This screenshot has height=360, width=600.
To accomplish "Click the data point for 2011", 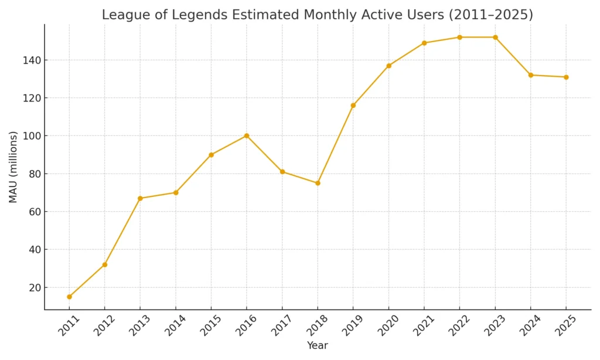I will coord(69,297).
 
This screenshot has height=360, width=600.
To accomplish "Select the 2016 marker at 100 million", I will coord(247,135).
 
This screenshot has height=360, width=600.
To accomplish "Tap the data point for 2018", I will coord(318,183).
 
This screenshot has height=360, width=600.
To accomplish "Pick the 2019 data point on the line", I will coord(353,106).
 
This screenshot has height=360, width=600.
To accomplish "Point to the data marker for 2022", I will coord(459,38).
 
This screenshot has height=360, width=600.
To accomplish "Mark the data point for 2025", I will coord(566,77).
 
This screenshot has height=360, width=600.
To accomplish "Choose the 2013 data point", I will coord(140,198).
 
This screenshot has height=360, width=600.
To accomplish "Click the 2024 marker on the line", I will coord(531,75).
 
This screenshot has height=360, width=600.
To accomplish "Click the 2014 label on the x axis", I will coord(175,325).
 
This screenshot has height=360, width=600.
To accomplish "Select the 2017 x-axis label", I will coord(281,325).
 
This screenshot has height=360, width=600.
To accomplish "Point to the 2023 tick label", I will coord(494,325).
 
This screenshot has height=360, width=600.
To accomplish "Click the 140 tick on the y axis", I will coord(32,60).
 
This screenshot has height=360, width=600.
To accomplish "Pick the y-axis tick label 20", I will coord(34,287).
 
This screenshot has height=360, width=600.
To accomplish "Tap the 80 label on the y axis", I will coord(34,174).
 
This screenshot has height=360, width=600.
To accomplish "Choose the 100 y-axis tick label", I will coord(32,136).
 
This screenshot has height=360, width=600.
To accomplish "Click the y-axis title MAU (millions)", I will coord(13,167).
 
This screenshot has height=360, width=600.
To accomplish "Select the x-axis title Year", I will coord(318,346).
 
